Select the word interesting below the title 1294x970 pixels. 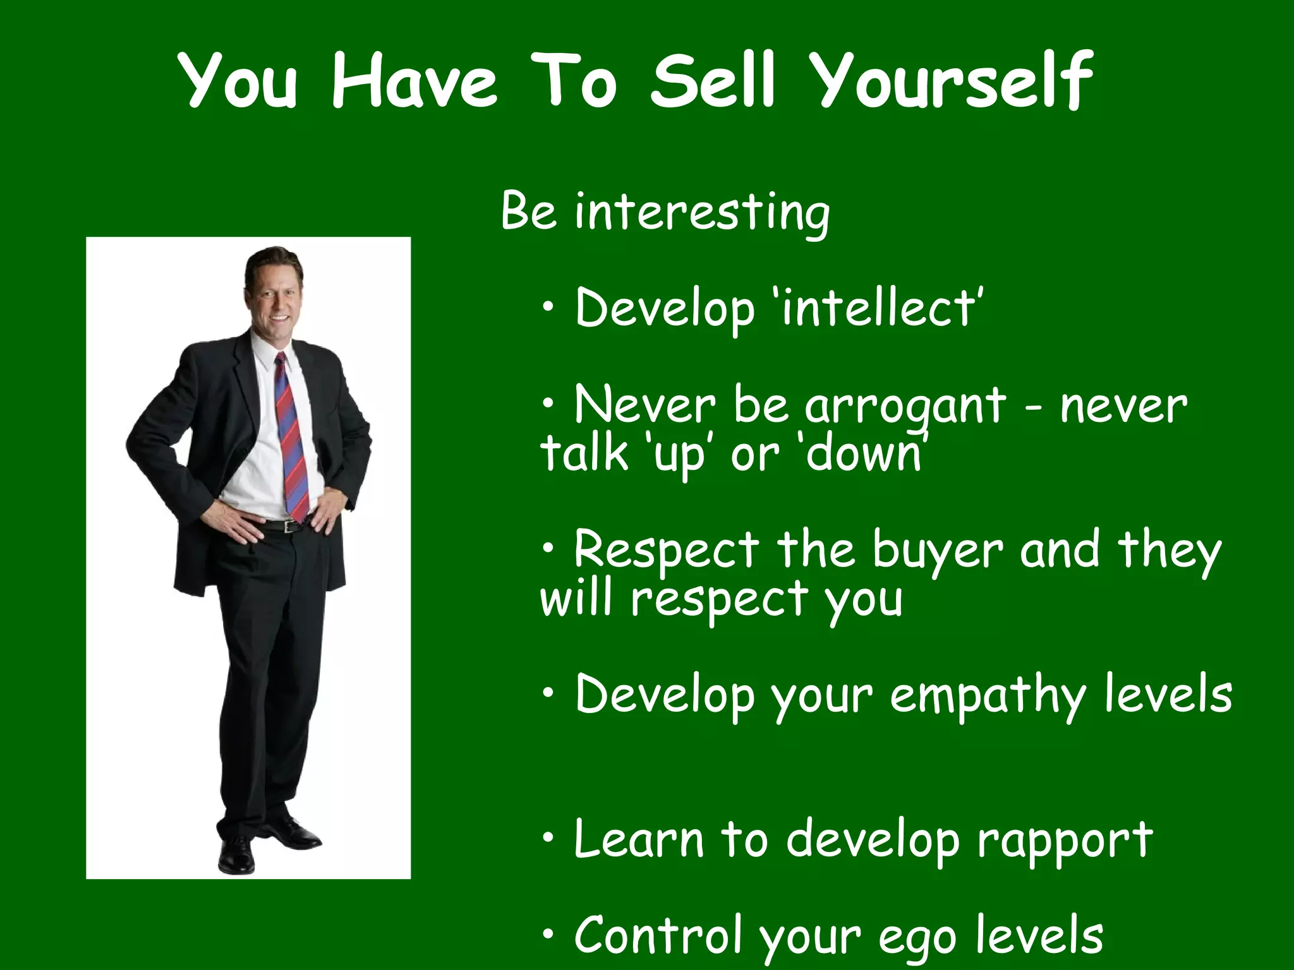[702, 213]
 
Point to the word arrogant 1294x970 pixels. [905, 407]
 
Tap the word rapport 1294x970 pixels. [1065, 840]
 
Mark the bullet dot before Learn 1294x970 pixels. [548, 838]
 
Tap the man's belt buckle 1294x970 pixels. [290, 526]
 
